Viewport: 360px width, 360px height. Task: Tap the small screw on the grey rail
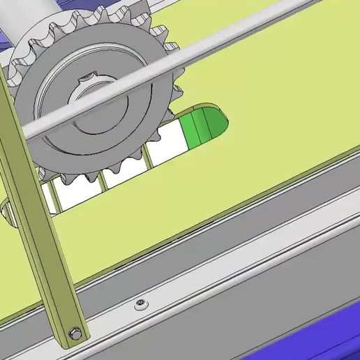(x=141, y=303)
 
